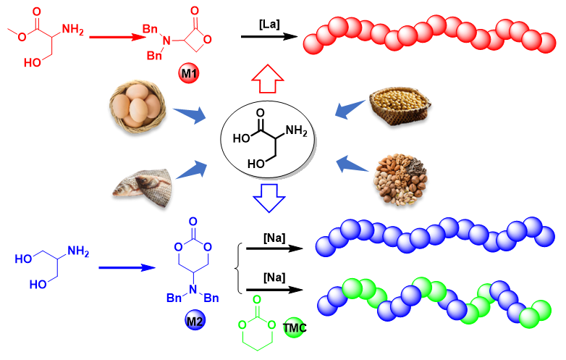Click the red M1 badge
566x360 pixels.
coord(189,73)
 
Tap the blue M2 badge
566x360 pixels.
coord(195,320)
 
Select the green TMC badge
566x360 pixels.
coord(294,327)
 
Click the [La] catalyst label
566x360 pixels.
coord(269,25)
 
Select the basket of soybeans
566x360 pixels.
coord(400,106)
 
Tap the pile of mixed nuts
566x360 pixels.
coord(400,180)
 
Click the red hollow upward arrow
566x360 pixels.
coord(268,79)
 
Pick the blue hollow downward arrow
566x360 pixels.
coord(269,198)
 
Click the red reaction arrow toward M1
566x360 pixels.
coord(118,37)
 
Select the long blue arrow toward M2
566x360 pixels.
coord(127,267)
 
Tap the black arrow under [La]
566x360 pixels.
coord(269,36)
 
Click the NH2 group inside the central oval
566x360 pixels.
coord(296,130)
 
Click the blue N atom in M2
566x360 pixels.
coord(193,289)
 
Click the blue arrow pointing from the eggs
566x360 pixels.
coord(190,114)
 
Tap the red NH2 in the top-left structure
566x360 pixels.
coord(73,29)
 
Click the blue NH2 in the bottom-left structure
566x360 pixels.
coord(78,251)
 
